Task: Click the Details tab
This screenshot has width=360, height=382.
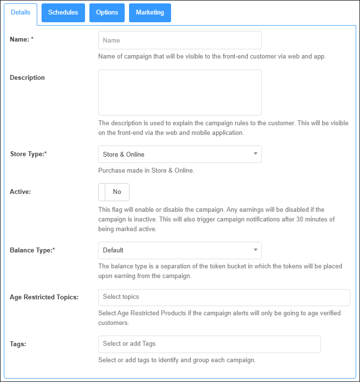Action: (x=20, y=13)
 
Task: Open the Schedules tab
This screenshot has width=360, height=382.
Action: (x=63, y=13)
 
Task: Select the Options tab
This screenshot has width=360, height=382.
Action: (x=107, y=13)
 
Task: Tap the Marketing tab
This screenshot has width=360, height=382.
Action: (x=150, y=13)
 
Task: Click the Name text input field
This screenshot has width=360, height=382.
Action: (x=180, y=40)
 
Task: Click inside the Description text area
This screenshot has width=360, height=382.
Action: (x=180, y=92)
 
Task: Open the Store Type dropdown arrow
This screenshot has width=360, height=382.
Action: (x=255, y=154)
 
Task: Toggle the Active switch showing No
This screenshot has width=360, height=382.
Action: (x=114, y=192)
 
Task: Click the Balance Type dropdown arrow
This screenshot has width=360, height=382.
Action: (x=255, y=250)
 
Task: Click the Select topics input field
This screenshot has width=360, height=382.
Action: (x=224, y=297)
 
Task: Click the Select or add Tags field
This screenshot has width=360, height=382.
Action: (x=209, y=344)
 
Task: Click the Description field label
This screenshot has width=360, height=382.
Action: (x=27, y=78)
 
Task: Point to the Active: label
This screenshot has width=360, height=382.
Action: (x=20, y=192)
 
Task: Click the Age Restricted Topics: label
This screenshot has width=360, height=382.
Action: (x=44, y=297)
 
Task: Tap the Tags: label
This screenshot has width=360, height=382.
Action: (x=18, y=344)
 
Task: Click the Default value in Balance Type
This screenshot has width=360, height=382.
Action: (x=113, y=250)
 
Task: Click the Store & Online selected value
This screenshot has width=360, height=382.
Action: (x=124, y=155)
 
